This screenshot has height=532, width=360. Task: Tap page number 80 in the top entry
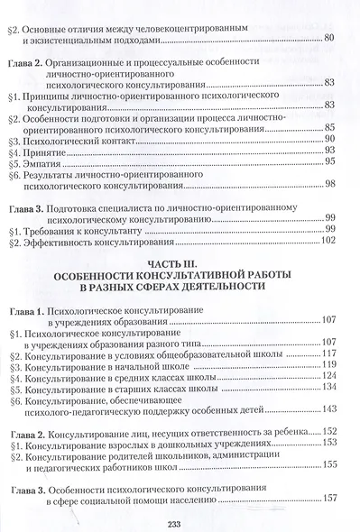click(x=328, y=37)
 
